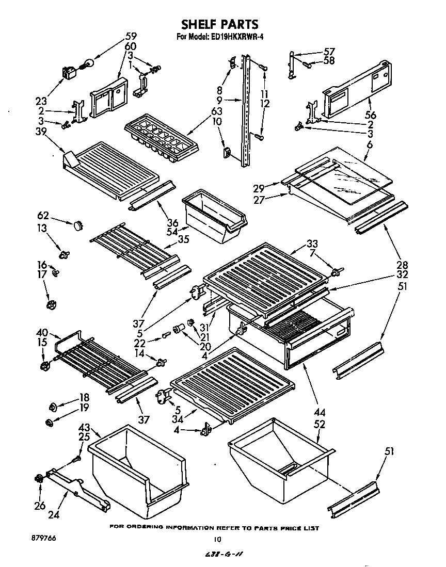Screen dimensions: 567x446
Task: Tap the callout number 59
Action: point(131,37)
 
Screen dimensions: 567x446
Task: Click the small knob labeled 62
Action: point(78,225)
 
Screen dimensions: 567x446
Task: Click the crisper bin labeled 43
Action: point(137,471)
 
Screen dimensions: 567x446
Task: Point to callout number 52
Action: point(320,425)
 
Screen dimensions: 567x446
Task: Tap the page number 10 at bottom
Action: point(217,540)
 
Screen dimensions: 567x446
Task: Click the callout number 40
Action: point(42,333)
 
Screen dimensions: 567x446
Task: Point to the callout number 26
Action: point(40,506)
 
